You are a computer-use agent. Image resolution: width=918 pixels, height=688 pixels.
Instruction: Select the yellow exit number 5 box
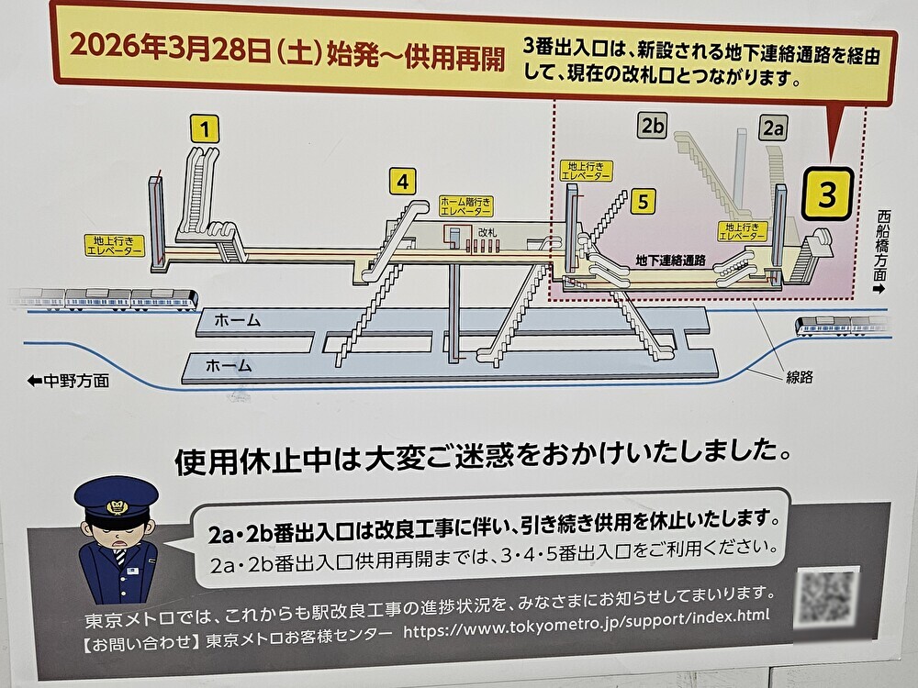click(x=644, y=201)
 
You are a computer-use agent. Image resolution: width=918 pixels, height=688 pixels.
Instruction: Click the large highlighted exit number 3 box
click(x=827, y=194)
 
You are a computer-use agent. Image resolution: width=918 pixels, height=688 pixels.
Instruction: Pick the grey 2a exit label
click(x=772, y=128)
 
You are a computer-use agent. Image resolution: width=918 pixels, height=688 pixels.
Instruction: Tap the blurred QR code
click(x=826, y=597)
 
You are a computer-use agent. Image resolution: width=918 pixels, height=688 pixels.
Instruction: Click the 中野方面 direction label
click(x=68, y=381)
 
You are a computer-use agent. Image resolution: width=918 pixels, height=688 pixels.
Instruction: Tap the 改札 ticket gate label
click(x=487, y=234)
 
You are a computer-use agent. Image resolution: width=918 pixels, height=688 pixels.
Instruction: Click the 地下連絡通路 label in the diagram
click(x=670, y=261)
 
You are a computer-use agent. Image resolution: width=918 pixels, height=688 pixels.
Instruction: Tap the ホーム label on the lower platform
click(x=228, y=365)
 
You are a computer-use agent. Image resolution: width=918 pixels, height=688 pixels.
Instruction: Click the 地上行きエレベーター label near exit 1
click(x=114, y=246)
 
